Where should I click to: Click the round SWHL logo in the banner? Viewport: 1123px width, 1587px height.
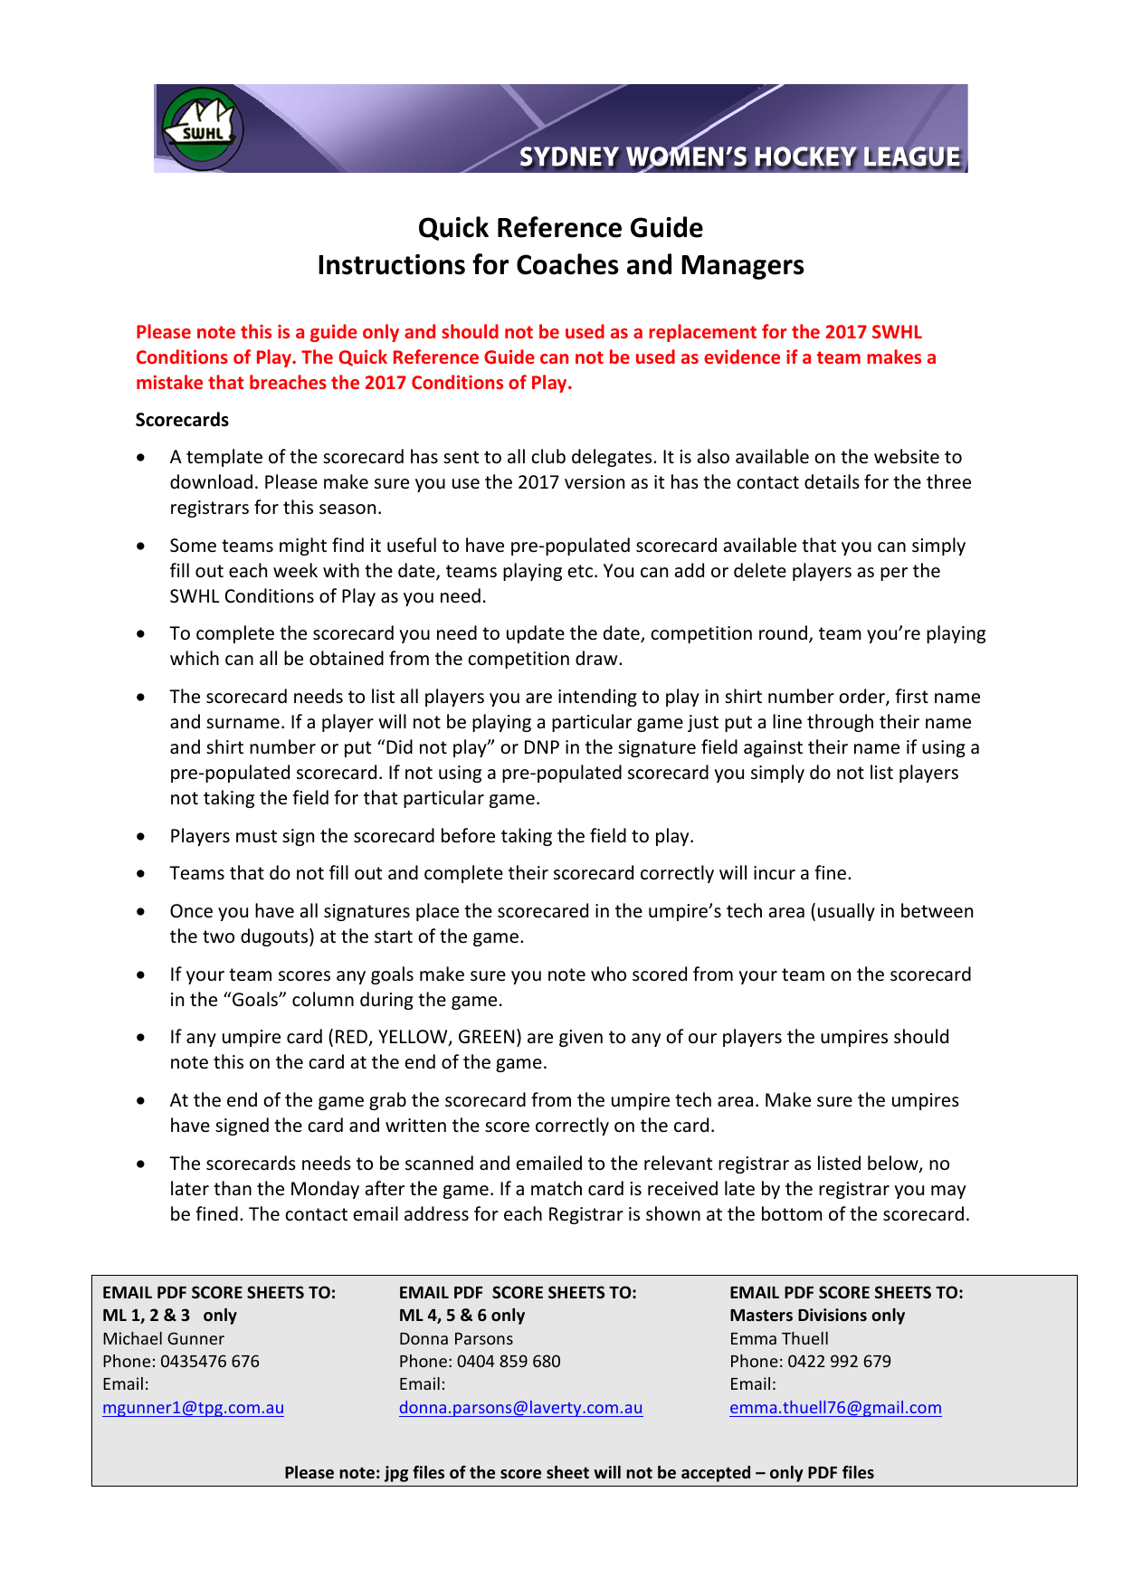point(203,128)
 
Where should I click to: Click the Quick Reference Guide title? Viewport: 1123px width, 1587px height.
point(560,228)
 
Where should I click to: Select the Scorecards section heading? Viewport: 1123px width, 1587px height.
point(182,420)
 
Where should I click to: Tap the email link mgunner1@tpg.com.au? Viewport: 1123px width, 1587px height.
point(193,1408)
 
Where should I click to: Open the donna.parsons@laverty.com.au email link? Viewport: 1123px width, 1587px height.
point(520,1408)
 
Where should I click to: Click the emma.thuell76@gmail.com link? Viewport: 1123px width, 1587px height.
point(835,1408)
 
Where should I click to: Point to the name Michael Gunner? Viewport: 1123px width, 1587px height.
point(163,1339)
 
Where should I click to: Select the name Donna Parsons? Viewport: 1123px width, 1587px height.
point(456,1339)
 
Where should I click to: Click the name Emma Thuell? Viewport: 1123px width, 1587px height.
point(779,1339)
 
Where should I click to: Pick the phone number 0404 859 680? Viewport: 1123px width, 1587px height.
point(509,1362)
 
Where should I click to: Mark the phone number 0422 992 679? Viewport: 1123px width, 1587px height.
point(839,1362)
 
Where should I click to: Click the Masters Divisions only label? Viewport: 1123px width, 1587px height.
point(817,1316)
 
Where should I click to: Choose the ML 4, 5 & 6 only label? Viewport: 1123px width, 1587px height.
point(462,1316)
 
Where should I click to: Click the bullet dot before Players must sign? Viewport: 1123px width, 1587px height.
point(140,837)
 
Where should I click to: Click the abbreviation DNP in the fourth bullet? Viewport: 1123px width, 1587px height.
point(542,747)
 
